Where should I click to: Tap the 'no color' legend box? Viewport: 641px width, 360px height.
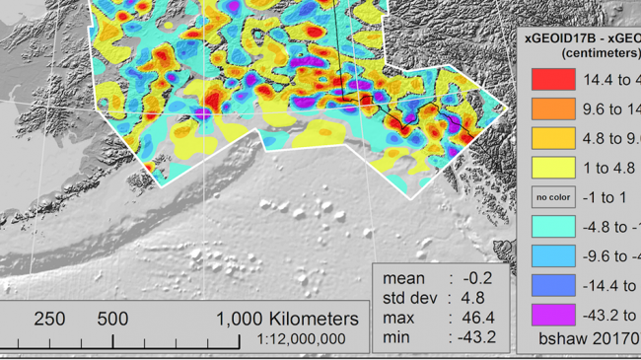[x=552, y=197]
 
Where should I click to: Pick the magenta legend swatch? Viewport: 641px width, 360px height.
[x=552, y=315]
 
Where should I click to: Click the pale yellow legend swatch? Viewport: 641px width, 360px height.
[x=552, y=168]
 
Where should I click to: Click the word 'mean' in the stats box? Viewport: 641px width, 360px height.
[x=403, y=278]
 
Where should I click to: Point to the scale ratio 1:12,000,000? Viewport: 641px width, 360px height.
[x=301, y=338]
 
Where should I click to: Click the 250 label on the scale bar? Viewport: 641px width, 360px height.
[x=49, y=319]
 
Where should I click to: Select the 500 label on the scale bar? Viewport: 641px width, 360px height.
[x=112, y=319]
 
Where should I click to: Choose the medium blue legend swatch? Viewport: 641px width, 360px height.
[x=552, y=286]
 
